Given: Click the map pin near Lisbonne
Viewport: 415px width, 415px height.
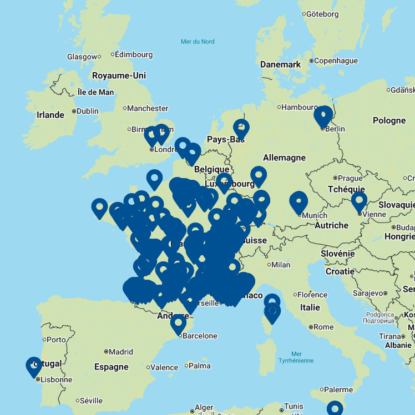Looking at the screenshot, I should pyautogui.click(x=34, y=366).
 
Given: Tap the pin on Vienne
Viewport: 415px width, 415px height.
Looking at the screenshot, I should pyautogui.click(x=359, y=201).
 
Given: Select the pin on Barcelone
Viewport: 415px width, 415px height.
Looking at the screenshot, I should pyautogui.click(x=178, y=323).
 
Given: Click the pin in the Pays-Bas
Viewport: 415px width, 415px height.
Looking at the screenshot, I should pyautogui.click(x=241, y=129).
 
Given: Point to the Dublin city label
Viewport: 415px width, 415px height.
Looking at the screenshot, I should pyautogui.click(x=87, y=111).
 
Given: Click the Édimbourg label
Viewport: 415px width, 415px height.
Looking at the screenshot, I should pyautogui.click(x=134, y=54).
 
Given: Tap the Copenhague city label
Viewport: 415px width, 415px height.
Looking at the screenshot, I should pyautogui.click(x=336, y=61).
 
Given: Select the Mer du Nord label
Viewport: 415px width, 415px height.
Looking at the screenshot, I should pyautogui.click(x=198, y=42).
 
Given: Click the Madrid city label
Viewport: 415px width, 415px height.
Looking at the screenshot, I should pyautogui.click(x=121, y=352).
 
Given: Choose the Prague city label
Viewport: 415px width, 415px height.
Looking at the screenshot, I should pyautogui.click(x=350, y=178).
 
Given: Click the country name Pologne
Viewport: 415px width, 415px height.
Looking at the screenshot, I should pyautogui.click(x=389, y=120).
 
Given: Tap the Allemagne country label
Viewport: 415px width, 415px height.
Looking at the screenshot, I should pyautogui.click(x=284, y=158).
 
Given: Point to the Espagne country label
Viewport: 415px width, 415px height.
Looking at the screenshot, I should pyautogui.click(x=111, y=367).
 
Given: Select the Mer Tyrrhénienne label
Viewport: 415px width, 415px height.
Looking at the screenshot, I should pyautogui.click(x=296, y=357).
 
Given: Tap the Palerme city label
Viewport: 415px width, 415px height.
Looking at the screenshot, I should pyautogui.click(x=338, y=389).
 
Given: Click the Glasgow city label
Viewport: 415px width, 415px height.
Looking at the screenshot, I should pyautogui.click(x=82, y=57).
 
